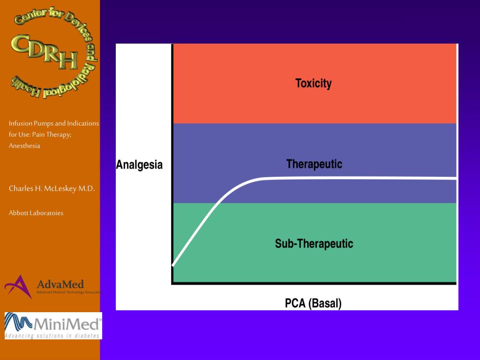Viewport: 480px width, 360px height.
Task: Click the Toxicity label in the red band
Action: [x=313, y=83]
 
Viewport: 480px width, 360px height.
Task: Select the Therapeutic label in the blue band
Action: [x=314, y=164]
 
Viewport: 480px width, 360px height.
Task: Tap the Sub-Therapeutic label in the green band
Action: [x=314, y=244]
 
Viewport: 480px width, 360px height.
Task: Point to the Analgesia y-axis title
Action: [x=139, y=165]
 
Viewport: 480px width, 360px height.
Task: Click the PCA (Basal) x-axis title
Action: [x=313, y=303]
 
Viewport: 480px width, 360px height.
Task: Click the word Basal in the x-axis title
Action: [x=326, y=303]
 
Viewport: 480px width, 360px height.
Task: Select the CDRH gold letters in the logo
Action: [x=45, y=52]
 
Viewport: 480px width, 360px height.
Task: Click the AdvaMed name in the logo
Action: [x=60, y=284]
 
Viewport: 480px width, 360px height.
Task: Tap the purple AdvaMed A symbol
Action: [x=18, y=286]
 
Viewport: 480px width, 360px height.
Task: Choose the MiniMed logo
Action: [x=53, y=323]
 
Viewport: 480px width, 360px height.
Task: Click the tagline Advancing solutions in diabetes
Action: [x=52, y=335]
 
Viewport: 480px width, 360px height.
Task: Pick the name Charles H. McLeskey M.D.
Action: [x=52, y=188]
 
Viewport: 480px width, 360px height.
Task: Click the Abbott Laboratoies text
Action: [x=36, y=213]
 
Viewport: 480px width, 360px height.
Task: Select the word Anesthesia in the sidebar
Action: [x=24, y=146]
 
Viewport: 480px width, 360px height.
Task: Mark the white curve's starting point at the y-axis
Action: [x=173, y=265]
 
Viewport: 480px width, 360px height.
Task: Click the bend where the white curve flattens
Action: [x=255, y=179]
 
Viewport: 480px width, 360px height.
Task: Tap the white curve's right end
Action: [x=456, y=178]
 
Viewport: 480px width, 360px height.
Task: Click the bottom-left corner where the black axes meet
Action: [x=172, y=283]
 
